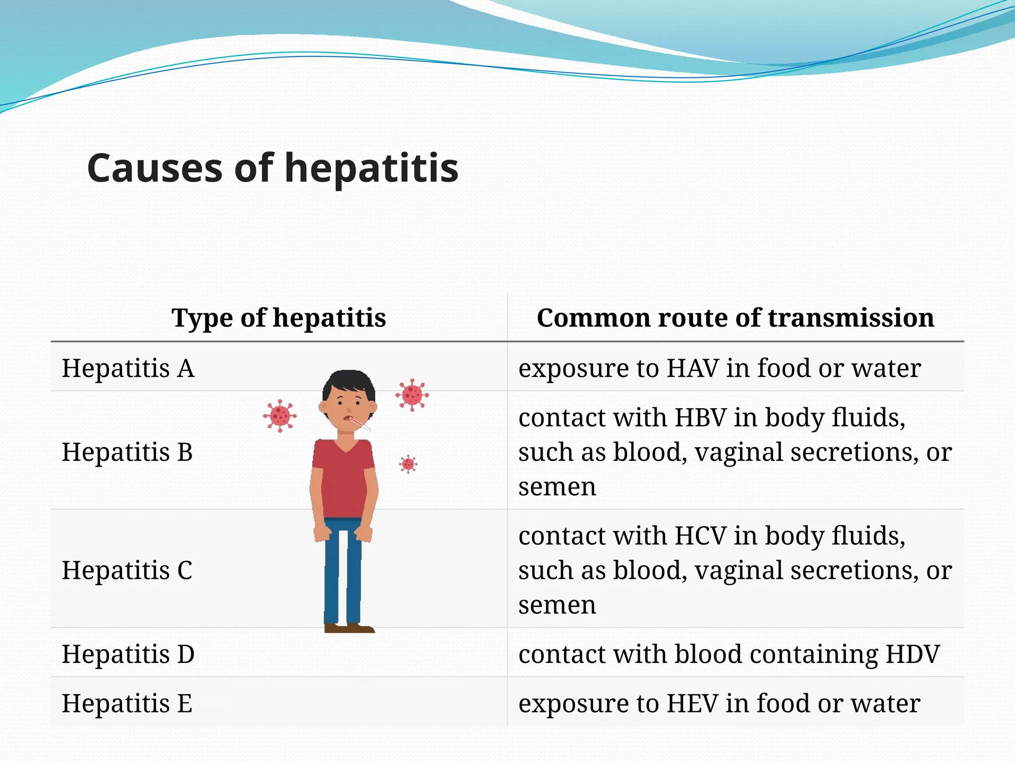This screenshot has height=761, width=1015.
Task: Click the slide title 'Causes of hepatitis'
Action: (273, 168)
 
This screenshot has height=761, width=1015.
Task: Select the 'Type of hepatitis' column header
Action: (279, 318)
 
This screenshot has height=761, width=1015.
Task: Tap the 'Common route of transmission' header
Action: (735, 318)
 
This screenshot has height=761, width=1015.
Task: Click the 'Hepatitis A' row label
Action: (128, 368)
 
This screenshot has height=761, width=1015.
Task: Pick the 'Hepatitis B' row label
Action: (127, 452)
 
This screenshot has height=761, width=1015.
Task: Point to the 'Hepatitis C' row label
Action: (127, 570)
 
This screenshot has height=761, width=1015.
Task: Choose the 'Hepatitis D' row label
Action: (128, 654)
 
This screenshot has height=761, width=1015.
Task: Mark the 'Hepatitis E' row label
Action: (127, 703)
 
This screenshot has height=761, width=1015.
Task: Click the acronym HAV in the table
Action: (692, 368)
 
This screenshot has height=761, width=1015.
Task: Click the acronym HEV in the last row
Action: (692, 703)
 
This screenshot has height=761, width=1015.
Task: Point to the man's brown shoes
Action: (349, 628)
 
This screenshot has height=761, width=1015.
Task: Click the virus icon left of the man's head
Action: (280, 416)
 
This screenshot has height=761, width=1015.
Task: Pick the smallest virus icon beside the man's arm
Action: (408, 464)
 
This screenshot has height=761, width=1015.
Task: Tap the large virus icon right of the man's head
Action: (412, 395)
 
